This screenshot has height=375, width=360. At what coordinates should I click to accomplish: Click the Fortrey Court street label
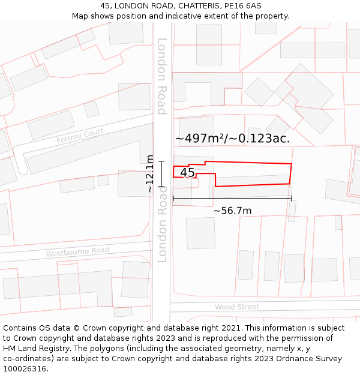point(80,136)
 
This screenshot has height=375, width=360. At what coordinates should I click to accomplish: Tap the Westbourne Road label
point(77,252)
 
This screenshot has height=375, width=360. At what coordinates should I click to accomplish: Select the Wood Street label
point(237,307)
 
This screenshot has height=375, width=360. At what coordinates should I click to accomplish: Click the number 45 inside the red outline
point(187,173)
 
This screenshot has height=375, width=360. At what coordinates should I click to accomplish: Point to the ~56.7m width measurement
point(232,211)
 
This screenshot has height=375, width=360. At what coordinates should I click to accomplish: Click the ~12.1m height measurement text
point(150,174)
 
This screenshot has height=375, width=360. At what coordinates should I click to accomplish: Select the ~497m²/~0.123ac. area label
point(232,138)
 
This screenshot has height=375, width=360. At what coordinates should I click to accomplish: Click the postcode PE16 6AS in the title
point(242,6)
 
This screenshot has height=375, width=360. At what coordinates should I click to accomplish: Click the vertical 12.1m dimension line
point(161,174)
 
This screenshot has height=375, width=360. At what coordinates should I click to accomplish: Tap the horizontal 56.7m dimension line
point(232,198)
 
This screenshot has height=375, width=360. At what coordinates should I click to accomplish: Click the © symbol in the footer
point(76,328)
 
